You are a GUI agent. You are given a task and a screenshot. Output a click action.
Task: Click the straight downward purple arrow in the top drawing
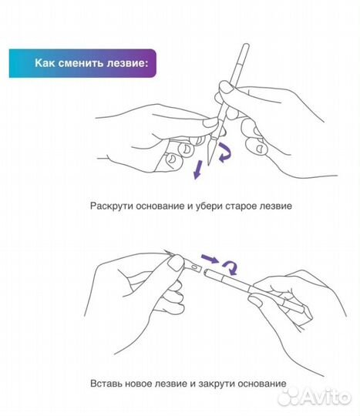tap(198, 168)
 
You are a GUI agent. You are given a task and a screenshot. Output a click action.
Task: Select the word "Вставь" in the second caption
tap(106, 383)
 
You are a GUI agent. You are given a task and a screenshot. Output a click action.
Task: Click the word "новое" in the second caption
tap(140, 383)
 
